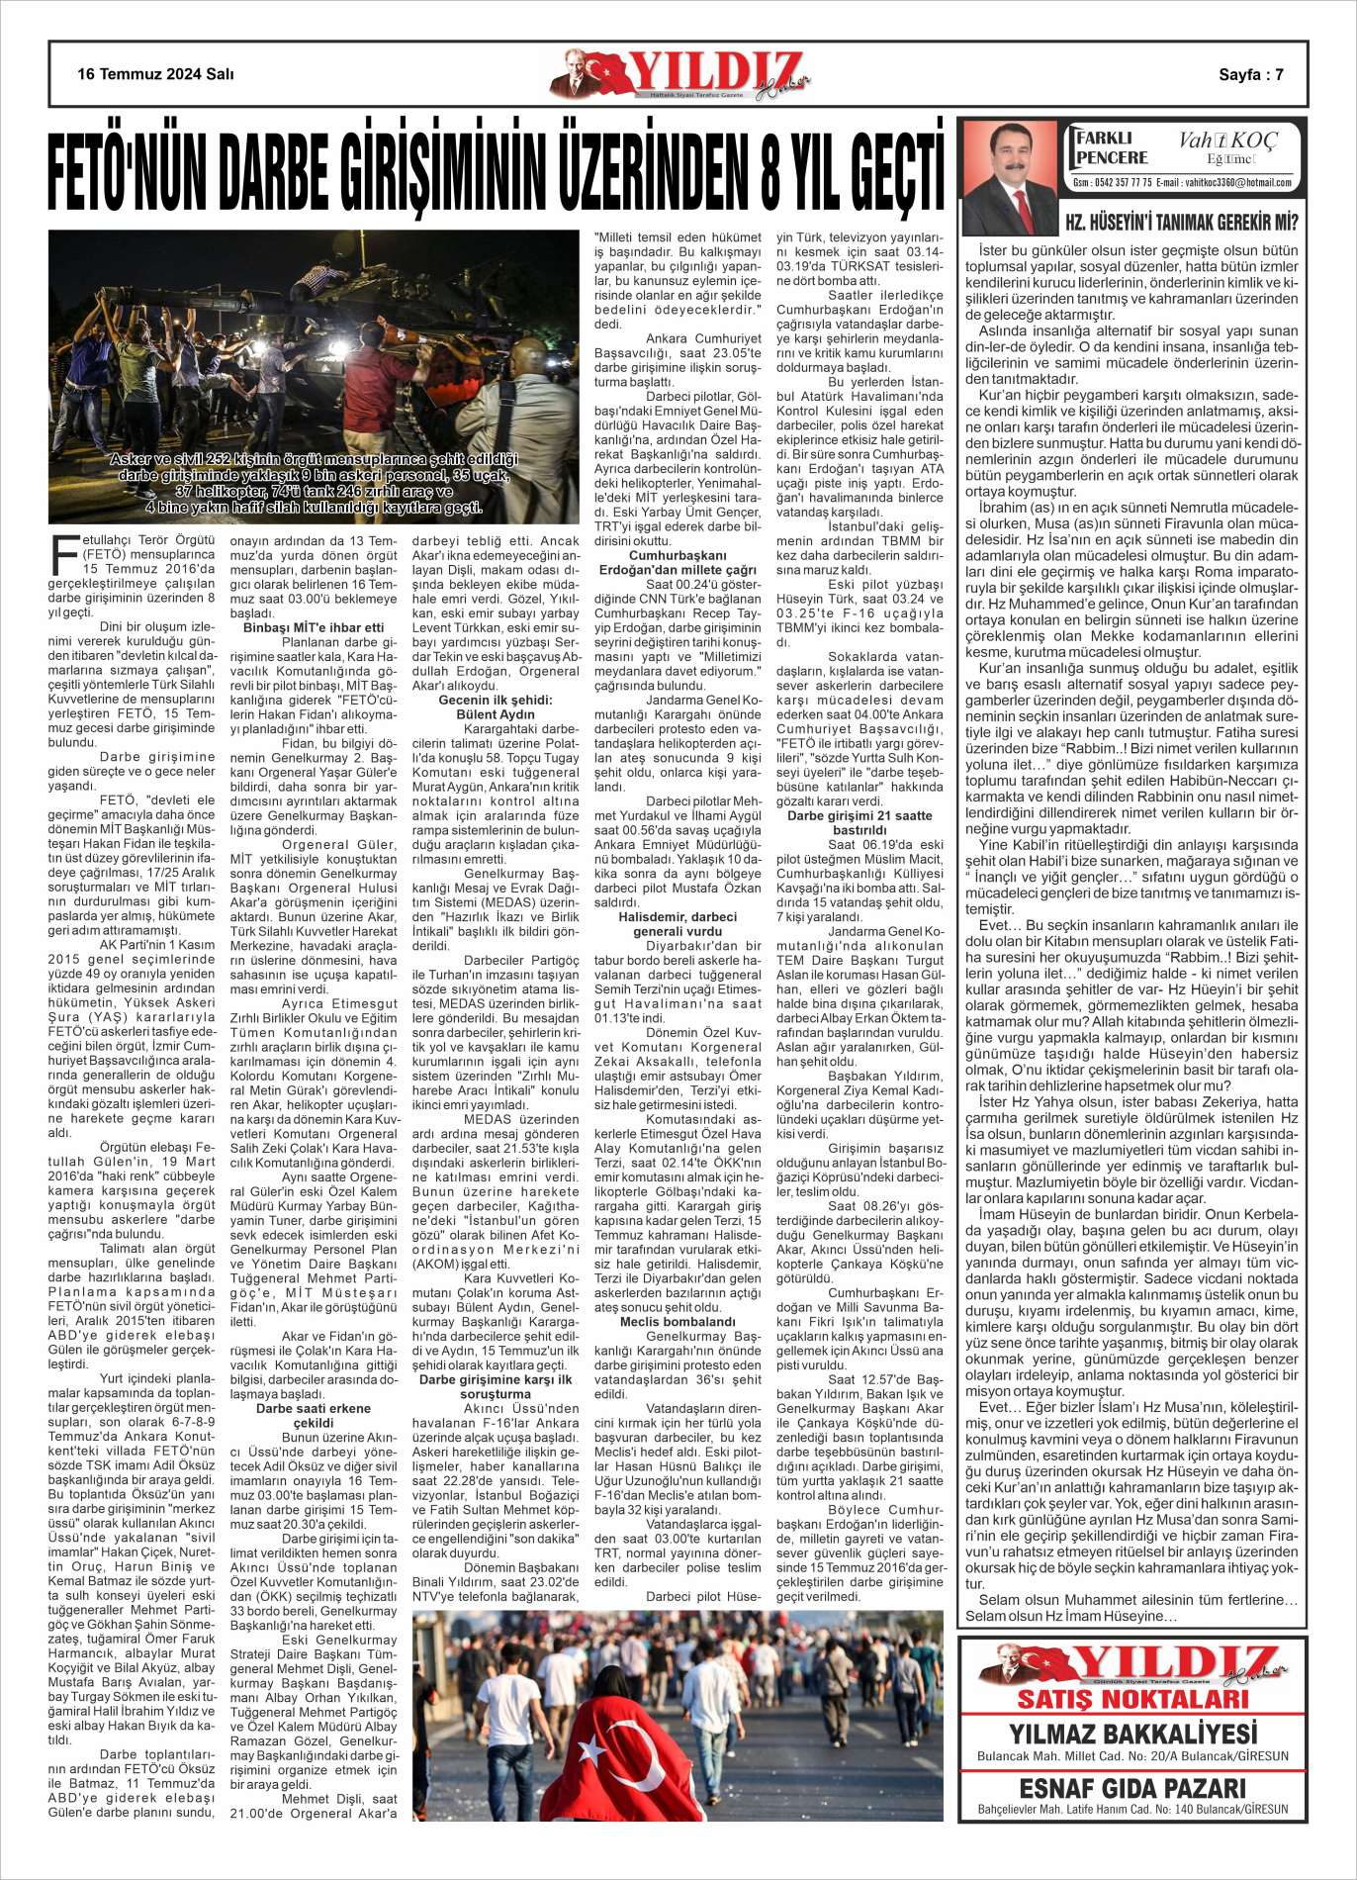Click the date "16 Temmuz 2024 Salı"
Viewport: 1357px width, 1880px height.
coord(156,74)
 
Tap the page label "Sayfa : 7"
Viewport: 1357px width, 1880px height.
coord(1251,74)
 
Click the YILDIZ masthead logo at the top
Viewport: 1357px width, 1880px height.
coord(681,74)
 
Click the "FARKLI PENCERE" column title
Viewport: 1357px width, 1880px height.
coord(1112,148)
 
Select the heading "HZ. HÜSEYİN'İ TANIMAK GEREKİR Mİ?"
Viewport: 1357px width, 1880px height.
coord(1181,222)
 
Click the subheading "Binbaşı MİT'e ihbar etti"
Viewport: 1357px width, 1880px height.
coord(314,627)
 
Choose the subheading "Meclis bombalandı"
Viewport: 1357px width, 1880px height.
coord(678,1321)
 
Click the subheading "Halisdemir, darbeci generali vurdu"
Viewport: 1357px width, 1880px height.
coord(678,924)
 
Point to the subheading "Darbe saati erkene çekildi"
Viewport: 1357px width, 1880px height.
coord(314,1415)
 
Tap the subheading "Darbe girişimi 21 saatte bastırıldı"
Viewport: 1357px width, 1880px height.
coord(859,822)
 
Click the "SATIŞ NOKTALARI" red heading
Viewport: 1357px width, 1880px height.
coord(1133,1699)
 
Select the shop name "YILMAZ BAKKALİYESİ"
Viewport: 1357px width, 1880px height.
coord(1133,1734)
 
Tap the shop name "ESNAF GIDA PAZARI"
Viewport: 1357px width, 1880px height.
coord(1133,1788)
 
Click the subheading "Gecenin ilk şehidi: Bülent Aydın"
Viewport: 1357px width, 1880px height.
coord(496,706)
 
